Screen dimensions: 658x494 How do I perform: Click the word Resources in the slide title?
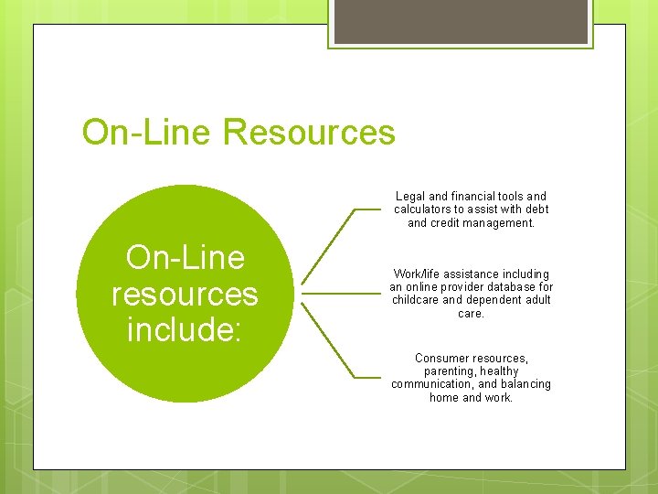pos(309,133)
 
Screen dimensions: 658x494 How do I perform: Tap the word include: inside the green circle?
pos(185,328)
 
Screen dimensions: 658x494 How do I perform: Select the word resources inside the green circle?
pos(185,294)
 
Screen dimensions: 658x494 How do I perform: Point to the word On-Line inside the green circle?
pos(186,258)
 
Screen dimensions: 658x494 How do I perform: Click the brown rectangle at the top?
pos(460,21)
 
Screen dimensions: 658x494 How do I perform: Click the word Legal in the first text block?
pos(409,196)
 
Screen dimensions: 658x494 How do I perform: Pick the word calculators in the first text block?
pos(424,209)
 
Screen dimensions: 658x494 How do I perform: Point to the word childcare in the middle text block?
pos(416,300)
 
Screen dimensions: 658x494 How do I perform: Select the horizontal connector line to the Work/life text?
pos(338,294)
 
